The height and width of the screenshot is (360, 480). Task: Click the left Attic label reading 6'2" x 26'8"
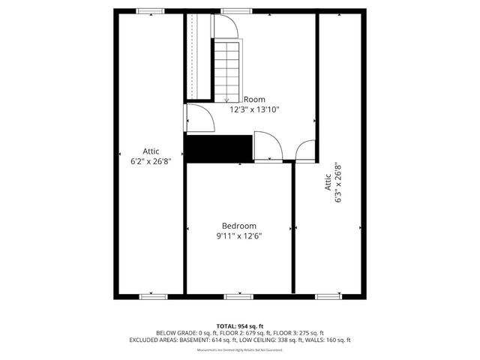[x=151, y=156]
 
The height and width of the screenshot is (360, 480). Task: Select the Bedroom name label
[x=238, y=226]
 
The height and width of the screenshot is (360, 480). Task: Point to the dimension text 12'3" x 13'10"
[x=254, y=109]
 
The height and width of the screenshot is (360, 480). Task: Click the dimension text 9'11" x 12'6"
[x=238, y=235]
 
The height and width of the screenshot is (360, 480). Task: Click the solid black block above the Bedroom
[x=218, y=148]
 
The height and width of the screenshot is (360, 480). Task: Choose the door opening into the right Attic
[x=306, y=151]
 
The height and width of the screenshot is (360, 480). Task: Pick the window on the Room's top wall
[x=236, y=11]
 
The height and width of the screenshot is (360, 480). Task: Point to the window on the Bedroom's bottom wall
[x=238, y=296]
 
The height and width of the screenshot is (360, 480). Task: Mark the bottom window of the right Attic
[x=327, y=296]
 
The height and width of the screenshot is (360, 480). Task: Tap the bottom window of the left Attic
[x=152, y=296]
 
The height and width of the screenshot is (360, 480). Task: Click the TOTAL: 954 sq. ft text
[x=239, y=325]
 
